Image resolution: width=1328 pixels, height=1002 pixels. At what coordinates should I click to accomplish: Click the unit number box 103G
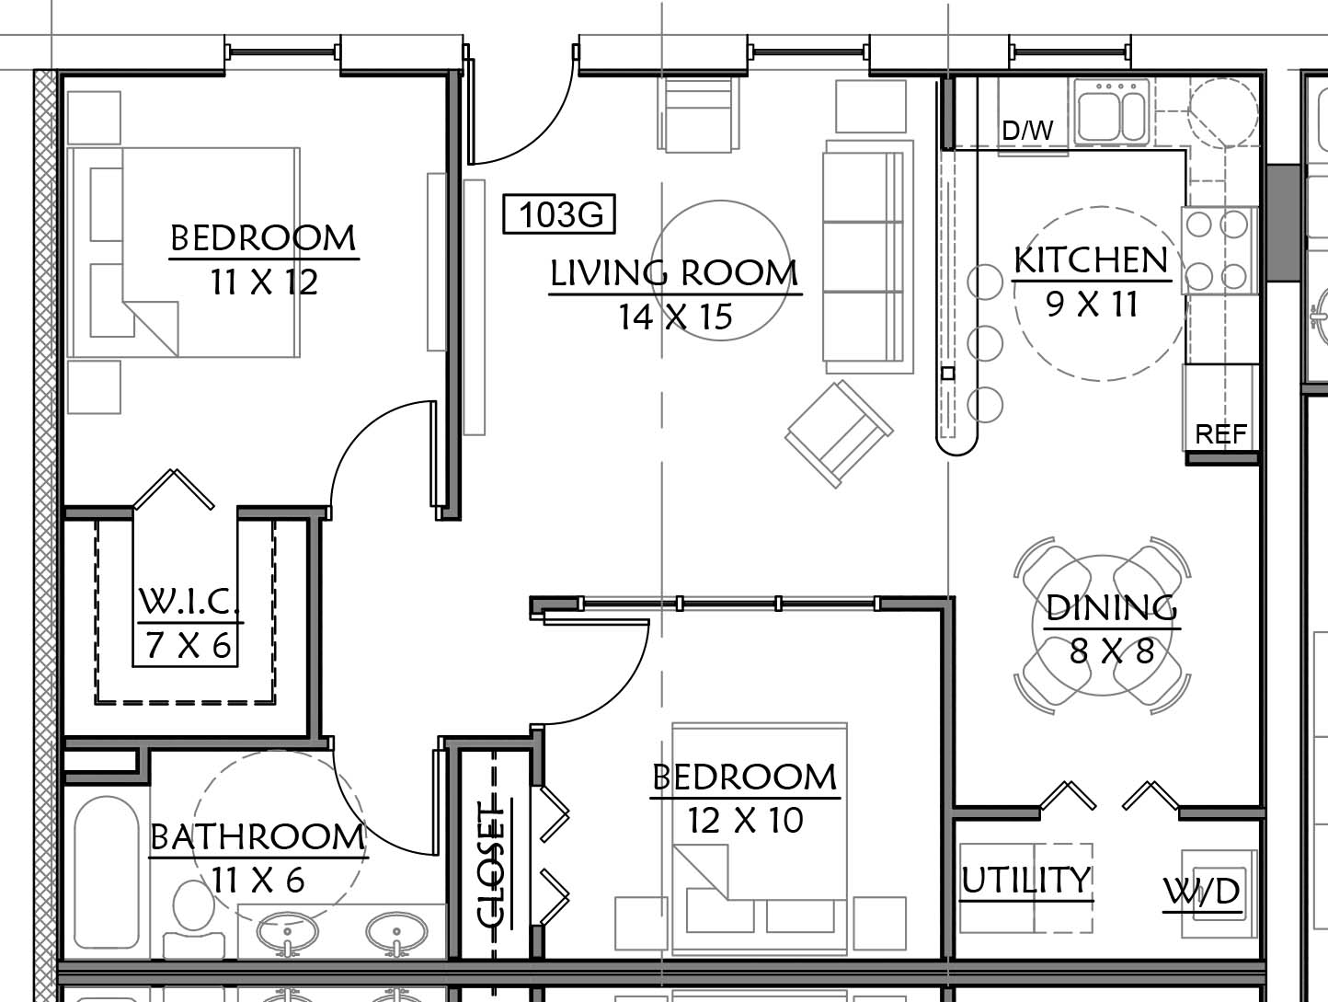[x=559, y=214]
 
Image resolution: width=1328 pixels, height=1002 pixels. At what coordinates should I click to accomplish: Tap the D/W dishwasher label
[x=1027, y=130]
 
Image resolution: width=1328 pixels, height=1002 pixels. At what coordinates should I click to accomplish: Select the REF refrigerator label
[x=1221, y=434]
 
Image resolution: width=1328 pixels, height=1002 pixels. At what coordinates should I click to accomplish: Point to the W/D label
[x=1202, y=892]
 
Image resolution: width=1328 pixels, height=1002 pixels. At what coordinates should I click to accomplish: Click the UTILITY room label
[x=1026, y=880]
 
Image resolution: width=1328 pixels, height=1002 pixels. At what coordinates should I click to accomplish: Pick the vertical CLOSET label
[x=491, y=864]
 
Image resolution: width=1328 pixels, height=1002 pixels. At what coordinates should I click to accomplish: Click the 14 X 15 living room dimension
[x=675, y=317]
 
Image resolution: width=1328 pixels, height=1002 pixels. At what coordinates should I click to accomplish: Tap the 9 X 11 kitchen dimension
[x=1092, y=304]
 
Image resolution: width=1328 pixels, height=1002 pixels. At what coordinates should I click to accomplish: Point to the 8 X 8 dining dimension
[x=1112, y=651]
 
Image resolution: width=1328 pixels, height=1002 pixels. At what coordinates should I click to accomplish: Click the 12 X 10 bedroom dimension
[x=745, y=821]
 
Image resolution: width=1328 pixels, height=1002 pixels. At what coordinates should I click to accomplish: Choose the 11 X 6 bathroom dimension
[x=258, y=880]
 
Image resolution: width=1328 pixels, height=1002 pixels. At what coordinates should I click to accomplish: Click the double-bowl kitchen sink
[x=1112, y=112]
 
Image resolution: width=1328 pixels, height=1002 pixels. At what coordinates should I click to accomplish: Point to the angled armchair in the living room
[x=839, y=433]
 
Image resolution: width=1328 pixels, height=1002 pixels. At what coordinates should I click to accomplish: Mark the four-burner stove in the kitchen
[x=1219, y=250]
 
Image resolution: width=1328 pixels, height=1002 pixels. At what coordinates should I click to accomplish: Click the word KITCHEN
[x=1091, y=260]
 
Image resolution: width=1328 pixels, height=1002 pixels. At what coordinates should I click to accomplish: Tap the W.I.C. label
[x=189, y=600]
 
